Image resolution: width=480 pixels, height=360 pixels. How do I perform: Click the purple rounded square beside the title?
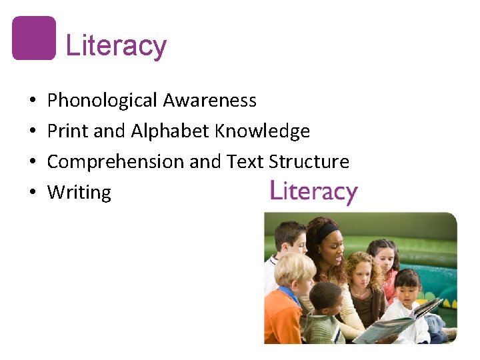[34, 38]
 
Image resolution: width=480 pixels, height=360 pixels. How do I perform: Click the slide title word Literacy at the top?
[116, 46]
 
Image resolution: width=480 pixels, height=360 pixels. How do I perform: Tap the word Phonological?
[103, 101]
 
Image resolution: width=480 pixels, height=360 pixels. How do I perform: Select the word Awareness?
[210, 101]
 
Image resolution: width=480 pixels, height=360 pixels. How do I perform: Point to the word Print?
[68, 131]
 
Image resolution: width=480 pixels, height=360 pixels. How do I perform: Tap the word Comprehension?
[116, 162]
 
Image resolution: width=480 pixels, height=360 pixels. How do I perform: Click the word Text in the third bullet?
[245, 162]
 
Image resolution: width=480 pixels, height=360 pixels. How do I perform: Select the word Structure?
[309, 162]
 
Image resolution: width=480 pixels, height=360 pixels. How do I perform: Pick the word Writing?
[79, 193]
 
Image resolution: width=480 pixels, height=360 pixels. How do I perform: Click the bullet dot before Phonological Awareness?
[33, 101]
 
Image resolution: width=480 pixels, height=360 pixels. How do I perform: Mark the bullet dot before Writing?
[33, 193]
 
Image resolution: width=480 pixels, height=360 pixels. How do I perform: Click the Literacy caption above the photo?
[313, 192]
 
